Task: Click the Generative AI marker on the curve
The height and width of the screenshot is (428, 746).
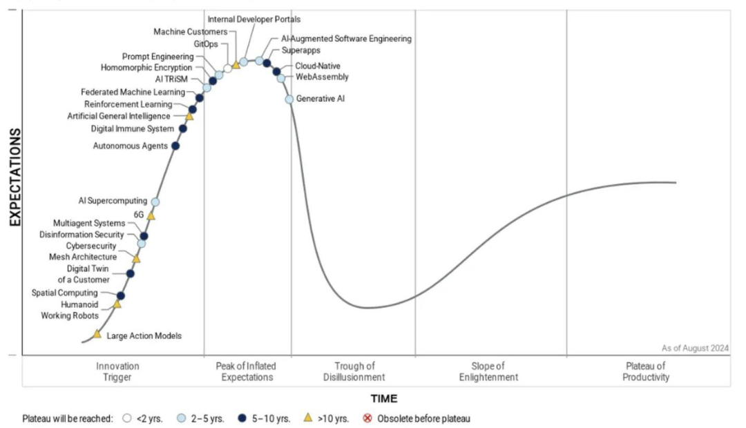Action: click(289, 99)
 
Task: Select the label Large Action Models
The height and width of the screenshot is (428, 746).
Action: click(144, 335)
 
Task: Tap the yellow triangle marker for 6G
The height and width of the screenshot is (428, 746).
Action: click(151, 216)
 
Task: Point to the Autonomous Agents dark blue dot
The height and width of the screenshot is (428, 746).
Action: click(175, 146)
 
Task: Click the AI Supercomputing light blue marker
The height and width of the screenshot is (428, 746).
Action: click(155, 202)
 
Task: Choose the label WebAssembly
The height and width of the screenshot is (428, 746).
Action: click(322, 77)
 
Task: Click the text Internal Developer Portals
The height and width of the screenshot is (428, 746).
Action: click(254, 19)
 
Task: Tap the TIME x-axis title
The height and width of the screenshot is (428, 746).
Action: click(383, 398)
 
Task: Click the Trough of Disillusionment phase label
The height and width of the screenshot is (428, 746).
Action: click(354, 371)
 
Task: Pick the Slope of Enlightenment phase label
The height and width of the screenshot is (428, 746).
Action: click(489, 371)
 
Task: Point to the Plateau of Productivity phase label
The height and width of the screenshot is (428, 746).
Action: click(646, 371)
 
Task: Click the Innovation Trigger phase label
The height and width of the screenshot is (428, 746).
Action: click(117, 371)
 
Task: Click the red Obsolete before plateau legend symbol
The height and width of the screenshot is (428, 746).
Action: click(367, 418)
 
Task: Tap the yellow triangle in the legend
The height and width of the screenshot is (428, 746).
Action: click(308, 418)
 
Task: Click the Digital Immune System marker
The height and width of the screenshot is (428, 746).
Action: click(183, 128)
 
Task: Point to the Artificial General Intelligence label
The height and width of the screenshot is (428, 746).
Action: click(118, 116)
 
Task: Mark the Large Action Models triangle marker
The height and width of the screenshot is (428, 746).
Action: click(97, 334)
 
